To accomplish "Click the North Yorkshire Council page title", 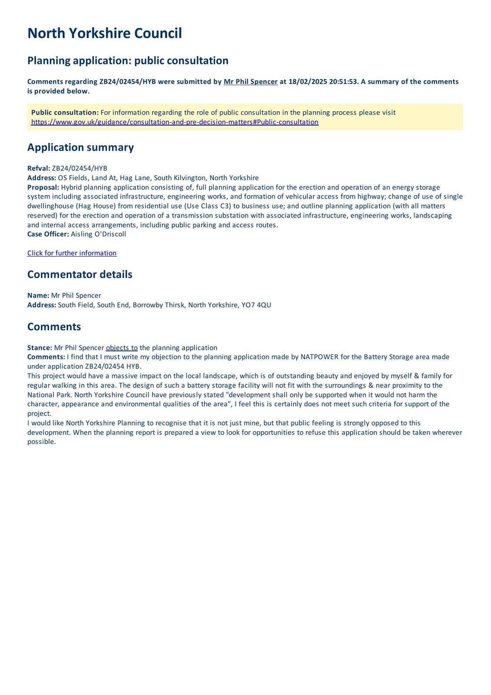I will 104,33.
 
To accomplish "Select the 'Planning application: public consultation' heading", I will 128,60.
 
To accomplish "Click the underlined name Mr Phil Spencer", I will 250,82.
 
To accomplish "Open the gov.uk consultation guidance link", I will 175,122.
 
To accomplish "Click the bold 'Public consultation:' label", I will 65,113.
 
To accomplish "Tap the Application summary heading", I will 80,147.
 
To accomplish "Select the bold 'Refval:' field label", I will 39,169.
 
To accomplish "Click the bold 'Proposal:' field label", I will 43,187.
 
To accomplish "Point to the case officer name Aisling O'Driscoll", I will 98,234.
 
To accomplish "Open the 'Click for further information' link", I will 72,253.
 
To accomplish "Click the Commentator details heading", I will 80,275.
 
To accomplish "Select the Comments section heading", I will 54,327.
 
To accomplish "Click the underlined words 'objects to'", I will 122,348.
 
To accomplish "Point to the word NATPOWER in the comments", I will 319,357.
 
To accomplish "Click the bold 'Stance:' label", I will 40,348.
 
